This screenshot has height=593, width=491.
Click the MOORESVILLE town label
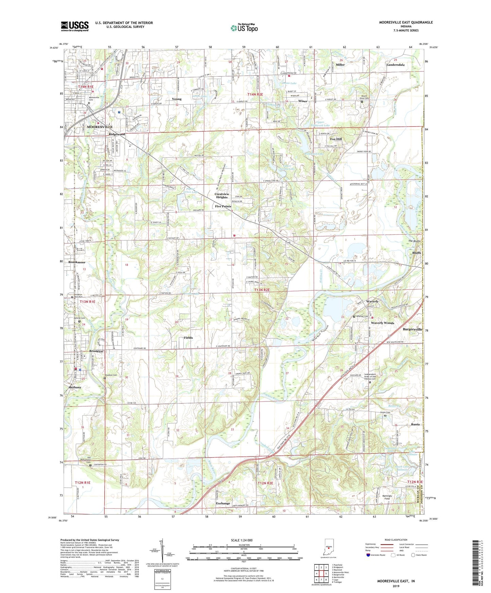[x=100, y=127]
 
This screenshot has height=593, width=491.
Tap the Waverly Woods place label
[x=382, y=323]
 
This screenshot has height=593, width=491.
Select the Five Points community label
[x=223, y=206]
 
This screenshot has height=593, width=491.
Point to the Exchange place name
[x=223, y=503]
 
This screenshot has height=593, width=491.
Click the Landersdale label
[x=396, y=65]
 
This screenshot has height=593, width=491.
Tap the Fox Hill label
[x=336, y=139]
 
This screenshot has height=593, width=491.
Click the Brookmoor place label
[x=77, y=263]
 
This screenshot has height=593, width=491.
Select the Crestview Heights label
[x=222, y=196]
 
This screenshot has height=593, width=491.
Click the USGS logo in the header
[x=75, y=26]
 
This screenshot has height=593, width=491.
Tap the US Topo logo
[x=244, y=28]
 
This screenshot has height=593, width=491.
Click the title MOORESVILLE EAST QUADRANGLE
[x=406, y=22]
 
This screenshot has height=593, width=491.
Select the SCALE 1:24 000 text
[x=242, y=540]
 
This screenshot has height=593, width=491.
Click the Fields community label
[x=188, y=338]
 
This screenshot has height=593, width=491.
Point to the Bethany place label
[x=75, y=387]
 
